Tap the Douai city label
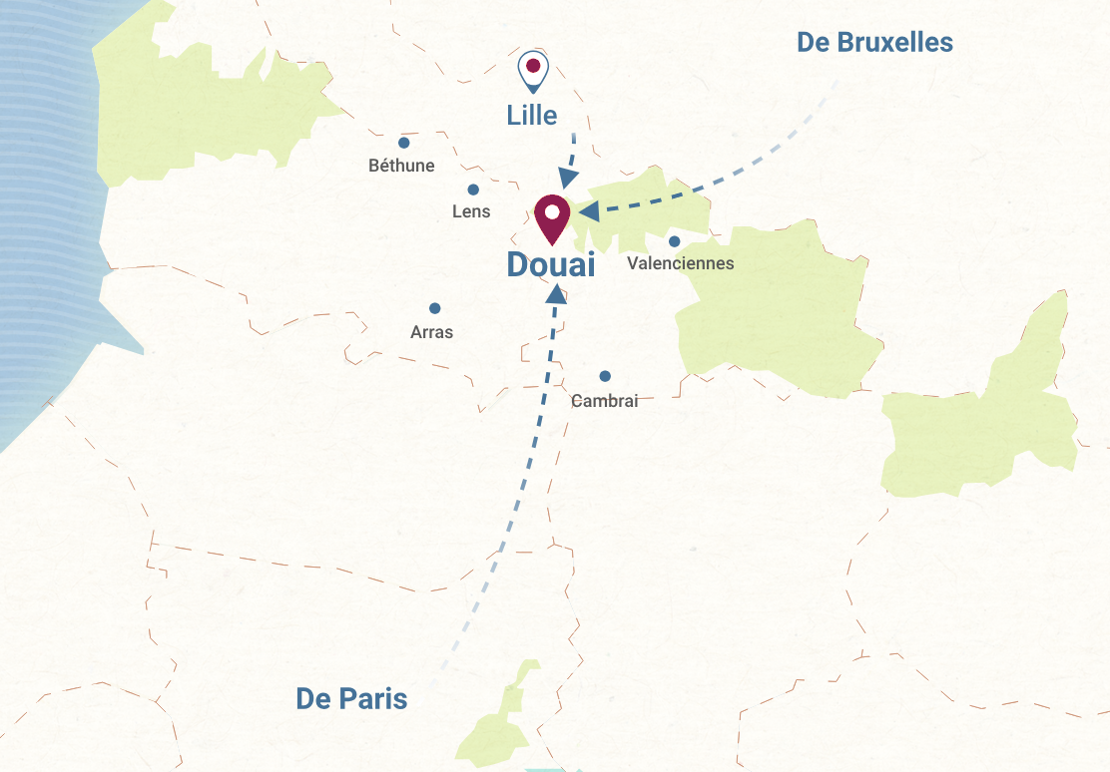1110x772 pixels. (x=550, y=265)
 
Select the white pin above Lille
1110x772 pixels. (x=533, y=70)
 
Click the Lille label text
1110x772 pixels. (x=532, y=115)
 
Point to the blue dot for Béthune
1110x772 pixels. (x=404, y=143)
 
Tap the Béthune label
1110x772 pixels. (x=401, y=166)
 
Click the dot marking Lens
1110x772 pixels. (x=473, y=190)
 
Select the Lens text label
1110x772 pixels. (x=471, y=211)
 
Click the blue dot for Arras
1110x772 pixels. (x=434, y=308)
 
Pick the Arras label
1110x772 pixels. (x=431, y=332)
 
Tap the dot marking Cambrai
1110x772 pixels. (x=605, y=376)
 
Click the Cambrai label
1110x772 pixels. (x=604, y=401)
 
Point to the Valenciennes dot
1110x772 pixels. (x=675, y=241)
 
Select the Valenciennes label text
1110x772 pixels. (x=680, y=263)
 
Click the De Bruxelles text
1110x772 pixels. (x=874, y=43)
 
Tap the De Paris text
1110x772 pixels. (x=351, y=699)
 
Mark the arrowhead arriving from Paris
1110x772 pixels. (x=556, y=293)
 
